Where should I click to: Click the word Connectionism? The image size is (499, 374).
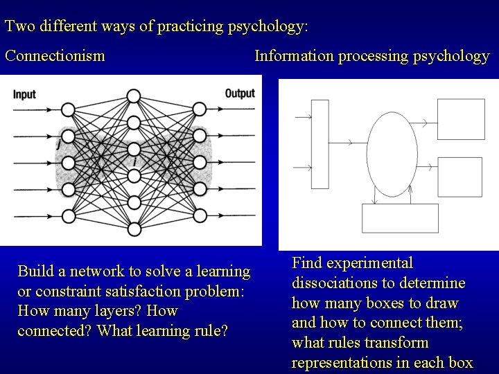point(55,56)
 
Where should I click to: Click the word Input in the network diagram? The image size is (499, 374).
point(25,94)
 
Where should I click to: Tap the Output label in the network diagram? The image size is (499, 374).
point(239,94)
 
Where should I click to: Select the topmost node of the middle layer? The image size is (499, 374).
point(134,96)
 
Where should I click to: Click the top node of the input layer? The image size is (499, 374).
point(68,109)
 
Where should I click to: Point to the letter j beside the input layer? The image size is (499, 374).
point(57,146)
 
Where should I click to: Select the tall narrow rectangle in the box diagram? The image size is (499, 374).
point(319,144)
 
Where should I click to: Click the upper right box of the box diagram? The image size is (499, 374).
point(459,119)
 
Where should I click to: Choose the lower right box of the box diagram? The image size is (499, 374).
point(459,177)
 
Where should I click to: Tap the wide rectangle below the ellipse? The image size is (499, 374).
point(401,219)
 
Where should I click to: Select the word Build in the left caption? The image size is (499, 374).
point(35,270)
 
